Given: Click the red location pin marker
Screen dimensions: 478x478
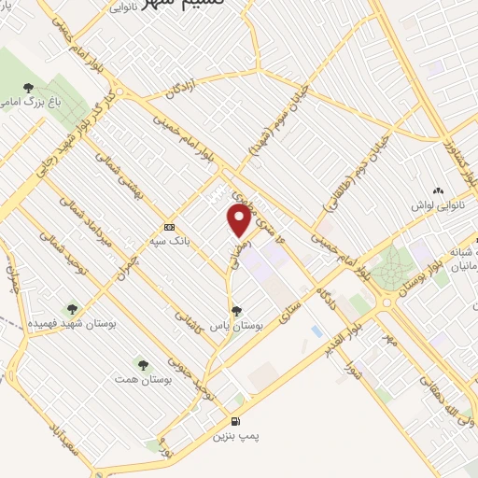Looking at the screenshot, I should click(239, 220).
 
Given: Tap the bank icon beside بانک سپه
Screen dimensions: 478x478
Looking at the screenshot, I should click(169, 227).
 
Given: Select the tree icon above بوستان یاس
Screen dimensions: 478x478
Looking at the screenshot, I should click(236, 309).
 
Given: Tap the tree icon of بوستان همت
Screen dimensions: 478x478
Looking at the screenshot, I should click(143, 364).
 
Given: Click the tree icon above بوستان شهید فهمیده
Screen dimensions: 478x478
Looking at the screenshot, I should click(72, 308).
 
